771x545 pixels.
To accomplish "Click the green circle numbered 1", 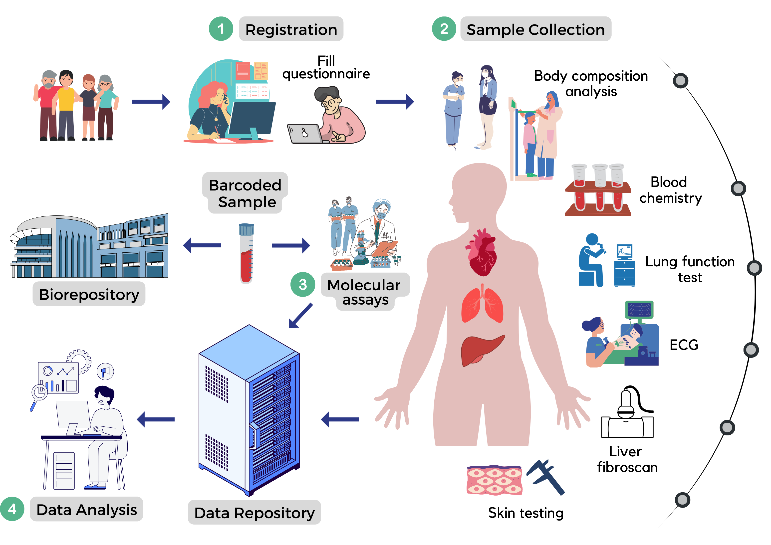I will (x=221, y=29).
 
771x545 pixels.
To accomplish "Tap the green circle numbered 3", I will (x=302, y=285).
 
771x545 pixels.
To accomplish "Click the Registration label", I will (x=291, y=29).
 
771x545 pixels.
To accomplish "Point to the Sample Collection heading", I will (x=535, y=29).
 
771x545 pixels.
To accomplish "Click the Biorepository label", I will (x=89, y=294).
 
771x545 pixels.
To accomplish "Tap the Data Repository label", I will (x=254, y=513).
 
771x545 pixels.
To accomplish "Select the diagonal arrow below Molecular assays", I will (x=300, y=316).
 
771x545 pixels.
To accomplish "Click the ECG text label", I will (x=684, y=345).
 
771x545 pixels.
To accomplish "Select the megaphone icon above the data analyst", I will (x=105, y=371).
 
